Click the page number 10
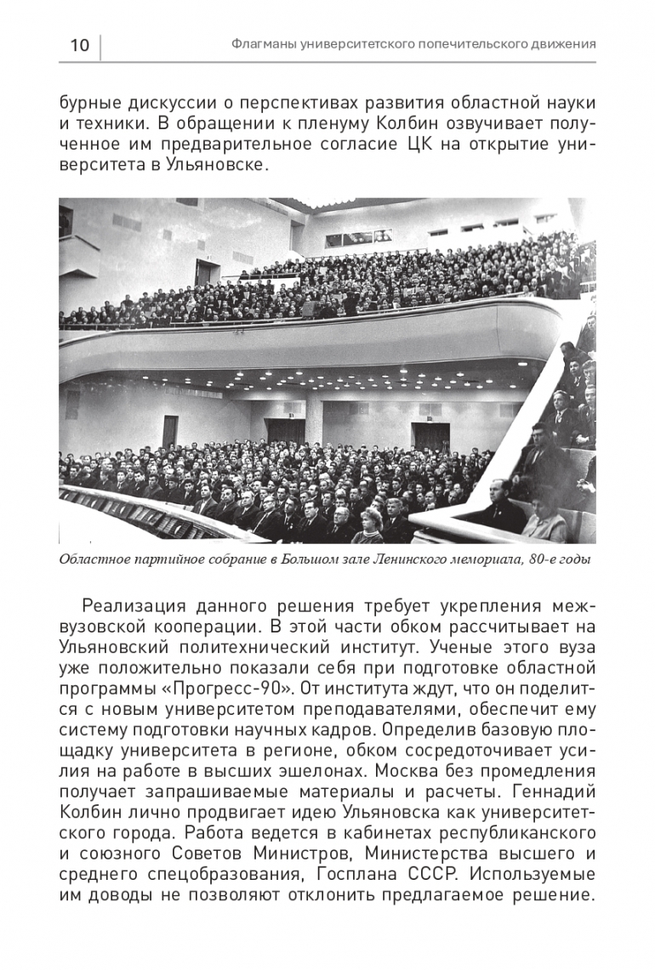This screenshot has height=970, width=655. coord(78,45)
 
